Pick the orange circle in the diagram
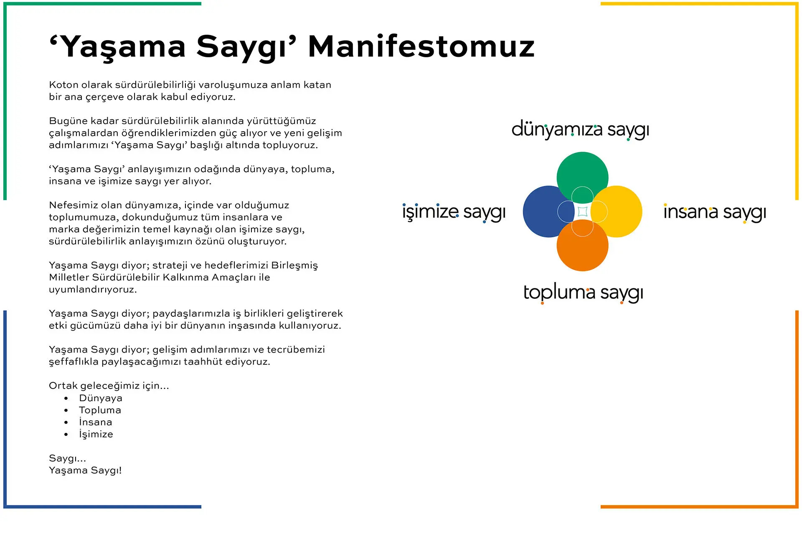coord(582,249)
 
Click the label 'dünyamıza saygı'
coord(580,130)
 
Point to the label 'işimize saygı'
coord(454,212)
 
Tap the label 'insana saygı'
coord(715,212)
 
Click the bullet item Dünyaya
coord(101,398)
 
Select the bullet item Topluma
coord(100,410)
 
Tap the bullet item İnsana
coord(96,422)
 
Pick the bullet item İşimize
coord(96,434)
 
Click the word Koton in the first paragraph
coord(63,85)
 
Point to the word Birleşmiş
coord(294,265)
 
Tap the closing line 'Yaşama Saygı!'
coord(85,470)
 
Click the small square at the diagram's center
coord(583,211)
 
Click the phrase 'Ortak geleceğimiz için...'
coord(109,386)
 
